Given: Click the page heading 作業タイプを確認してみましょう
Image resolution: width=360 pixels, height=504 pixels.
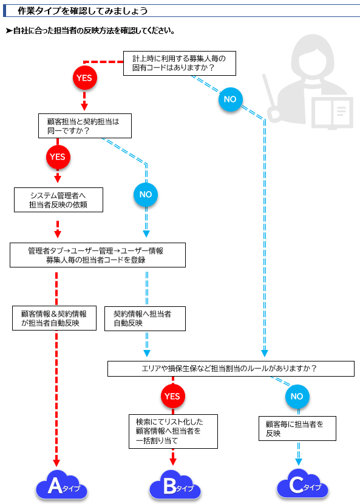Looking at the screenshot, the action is click(x=83, y=11).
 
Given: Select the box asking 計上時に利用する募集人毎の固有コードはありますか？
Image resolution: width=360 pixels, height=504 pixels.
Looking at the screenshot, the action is click(x=180, y=63).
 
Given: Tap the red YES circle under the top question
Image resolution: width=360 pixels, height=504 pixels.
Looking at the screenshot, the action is click(x=84, y=78).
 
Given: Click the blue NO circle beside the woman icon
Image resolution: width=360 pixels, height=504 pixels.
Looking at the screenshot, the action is click(x=230, y=99).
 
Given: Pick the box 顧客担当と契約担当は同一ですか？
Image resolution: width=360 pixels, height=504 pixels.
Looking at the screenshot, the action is click(x=85, y=126).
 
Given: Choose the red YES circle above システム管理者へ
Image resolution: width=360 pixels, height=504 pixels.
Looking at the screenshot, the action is click(x=58, y=157).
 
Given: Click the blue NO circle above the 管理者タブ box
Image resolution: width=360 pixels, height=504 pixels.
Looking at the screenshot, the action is click(x=146, y=195).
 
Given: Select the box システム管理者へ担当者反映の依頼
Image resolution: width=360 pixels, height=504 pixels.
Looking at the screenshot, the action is click(x=58, y=200).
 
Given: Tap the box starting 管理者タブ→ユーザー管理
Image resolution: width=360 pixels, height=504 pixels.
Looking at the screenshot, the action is click(x=98, y=255).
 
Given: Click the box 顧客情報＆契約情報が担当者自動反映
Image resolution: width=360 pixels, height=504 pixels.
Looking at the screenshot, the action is click(x=55, y=318).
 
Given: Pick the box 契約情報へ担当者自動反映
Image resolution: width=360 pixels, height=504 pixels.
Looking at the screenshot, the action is click(x=145, y=318).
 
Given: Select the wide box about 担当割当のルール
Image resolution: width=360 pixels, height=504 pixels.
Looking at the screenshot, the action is click(x=231, y=369).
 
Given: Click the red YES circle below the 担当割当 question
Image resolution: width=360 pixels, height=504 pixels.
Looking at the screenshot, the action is click(x=173, y=396).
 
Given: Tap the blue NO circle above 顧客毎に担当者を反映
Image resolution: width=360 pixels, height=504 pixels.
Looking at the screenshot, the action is click(x=297, y=396).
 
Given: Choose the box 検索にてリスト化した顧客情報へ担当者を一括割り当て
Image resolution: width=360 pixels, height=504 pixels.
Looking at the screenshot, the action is click(x=174, y=431).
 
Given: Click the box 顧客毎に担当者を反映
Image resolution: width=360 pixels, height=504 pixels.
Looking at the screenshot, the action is click(x=297, y=428).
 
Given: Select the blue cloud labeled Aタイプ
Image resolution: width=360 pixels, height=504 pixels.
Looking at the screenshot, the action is click(x=61, y=485).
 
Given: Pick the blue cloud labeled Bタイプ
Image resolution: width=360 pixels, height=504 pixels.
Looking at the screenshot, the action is click(x=175, y=485).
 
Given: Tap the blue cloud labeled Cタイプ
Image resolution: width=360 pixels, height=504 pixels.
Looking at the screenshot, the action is click(x=302, y=485).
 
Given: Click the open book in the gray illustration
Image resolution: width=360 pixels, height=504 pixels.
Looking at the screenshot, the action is click(x=332, y=113).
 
